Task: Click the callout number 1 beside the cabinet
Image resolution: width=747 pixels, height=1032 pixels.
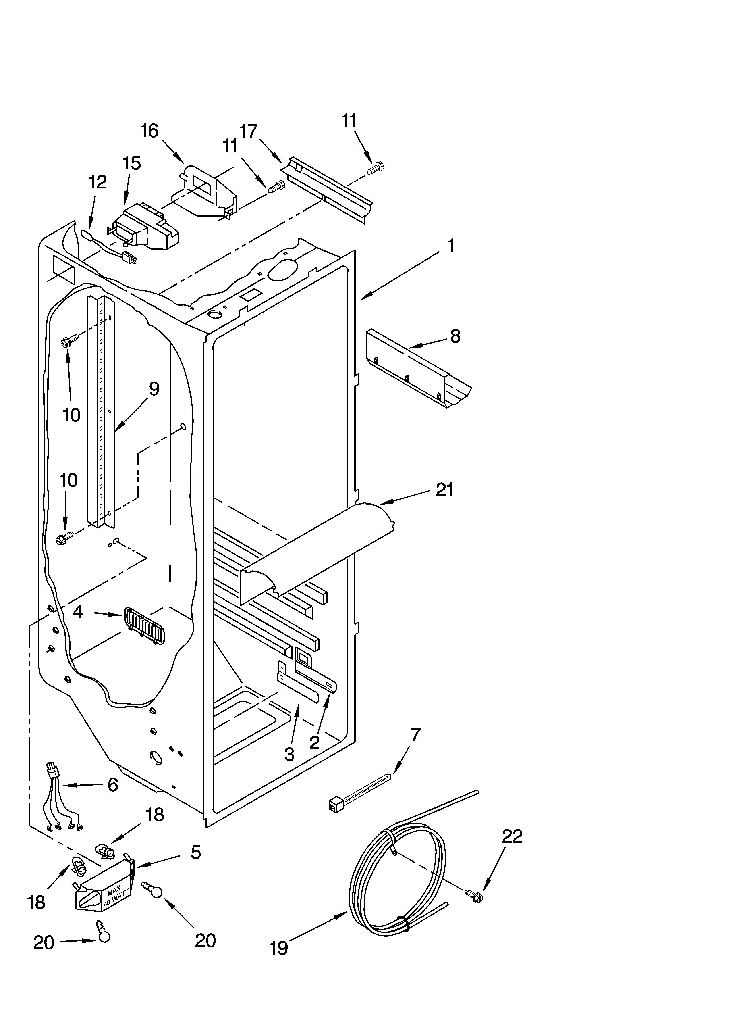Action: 450,246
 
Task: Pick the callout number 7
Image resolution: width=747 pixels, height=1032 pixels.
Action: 415,734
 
